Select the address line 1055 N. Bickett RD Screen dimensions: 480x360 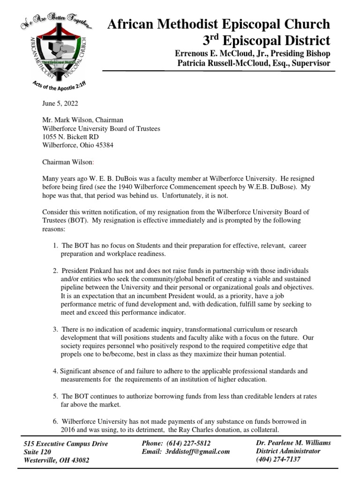(71, 137)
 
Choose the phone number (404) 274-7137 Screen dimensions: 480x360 (279, 459)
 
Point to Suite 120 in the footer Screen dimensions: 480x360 (37, 452)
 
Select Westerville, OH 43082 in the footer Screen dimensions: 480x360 (56, 460)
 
